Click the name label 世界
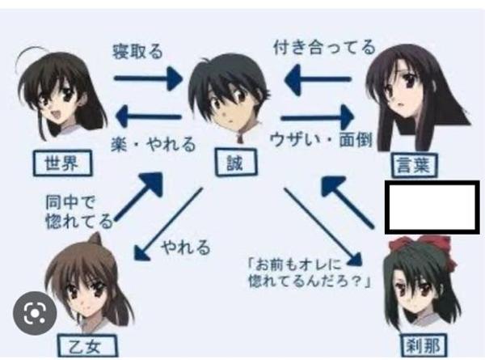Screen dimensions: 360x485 (x=62, y=163)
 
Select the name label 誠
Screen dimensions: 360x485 (x=234, y=163)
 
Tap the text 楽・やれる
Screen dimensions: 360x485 (x=153, y=146)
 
